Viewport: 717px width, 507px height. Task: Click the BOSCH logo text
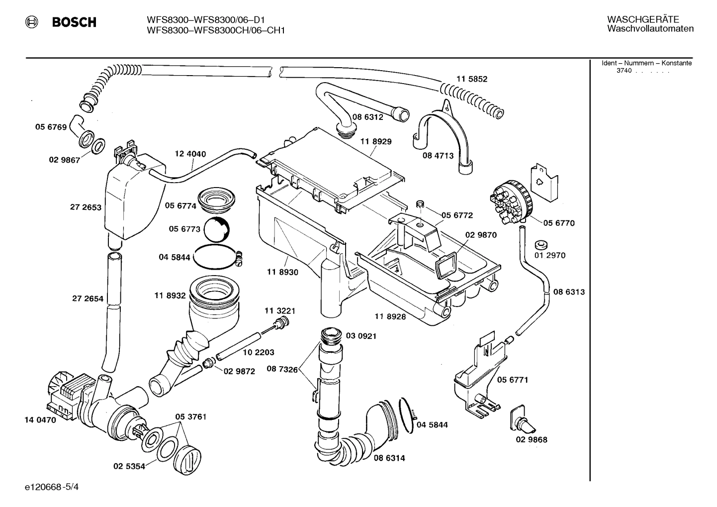[74, 22]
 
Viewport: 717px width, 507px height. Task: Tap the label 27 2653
[86, 207]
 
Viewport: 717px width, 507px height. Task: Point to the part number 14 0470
[40, 419]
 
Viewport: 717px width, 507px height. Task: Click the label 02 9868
[531, 440]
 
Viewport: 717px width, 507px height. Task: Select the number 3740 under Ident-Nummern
[624, 71]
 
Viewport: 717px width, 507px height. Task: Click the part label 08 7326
[282, 369]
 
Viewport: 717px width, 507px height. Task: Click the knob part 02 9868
[524, 419]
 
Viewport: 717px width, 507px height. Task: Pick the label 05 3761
[190, 416]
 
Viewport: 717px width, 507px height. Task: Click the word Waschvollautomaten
[650, 29]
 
